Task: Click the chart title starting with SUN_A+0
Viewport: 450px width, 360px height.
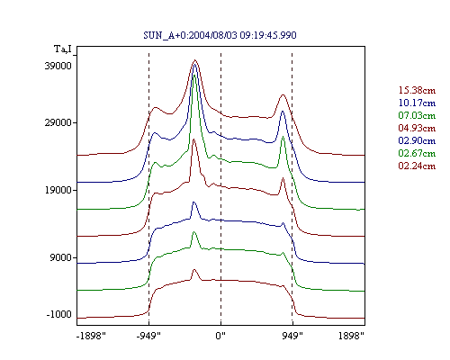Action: click(x=220, y=35)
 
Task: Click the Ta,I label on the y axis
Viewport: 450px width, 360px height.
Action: click(x=63, y=49)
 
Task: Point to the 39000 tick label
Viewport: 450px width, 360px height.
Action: click(x=58, y=66)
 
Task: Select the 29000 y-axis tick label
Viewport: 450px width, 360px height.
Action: click(x=58, y=122)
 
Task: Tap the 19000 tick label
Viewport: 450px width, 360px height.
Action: click(x=58, y=190)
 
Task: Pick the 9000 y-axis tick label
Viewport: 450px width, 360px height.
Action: click(x=61, y=257)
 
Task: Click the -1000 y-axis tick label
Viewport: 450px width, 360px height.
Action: click(x=58, y=314)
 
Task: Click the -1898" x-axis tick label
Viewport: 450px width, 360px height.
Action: click(x=92, y=336)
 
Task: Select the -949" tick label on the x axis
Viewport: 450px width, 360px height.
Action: click(x=148, y=336)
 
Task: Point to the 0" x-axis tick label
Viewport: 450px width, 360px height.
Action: click(x=220, y=336)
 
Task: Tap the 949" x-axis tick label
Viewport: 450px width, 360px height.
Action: click(x=292, y=336)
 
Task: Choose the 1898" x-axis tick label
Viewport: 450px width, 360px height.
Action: click(x=351, y=336)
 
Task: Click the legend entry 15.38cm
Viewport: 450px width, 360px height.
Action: click(x=417, y=90)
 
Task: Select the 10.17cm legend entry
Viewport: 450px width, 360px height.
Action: click(x=417, y=103)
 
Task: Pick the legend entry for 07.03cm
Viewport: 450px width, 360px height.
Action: click(x=417, y=115)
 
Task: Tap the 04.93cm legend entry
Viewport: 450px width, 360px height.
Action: click(x=417, y=128)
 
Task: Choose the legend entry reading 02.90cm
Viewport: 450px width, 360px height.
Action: click(x=417, y=140)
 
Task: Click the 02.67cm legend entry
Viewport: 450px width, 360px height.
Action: click(x=417, y=153)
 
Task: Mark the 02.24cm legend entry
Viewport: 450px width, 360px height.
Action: click(x=417, y=166)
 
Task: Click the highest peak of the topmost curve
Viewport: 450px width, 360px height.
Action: click(x=195, y=60)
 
